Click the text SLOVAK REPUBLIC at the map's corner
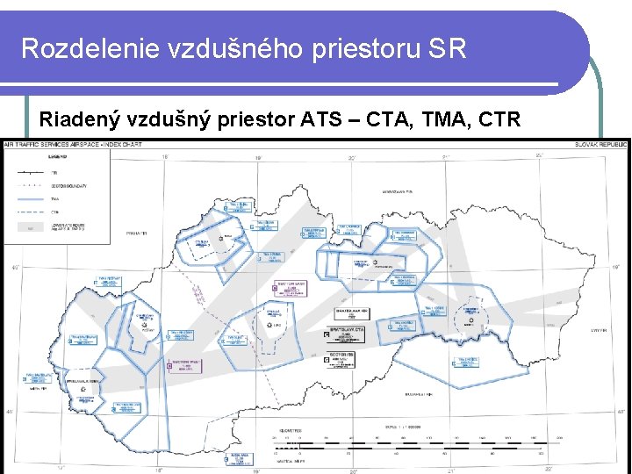(x=601, y=144)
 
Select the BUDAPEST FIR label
(x=417, y=395)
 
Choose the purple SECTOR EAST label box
(x=288, y=286)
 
